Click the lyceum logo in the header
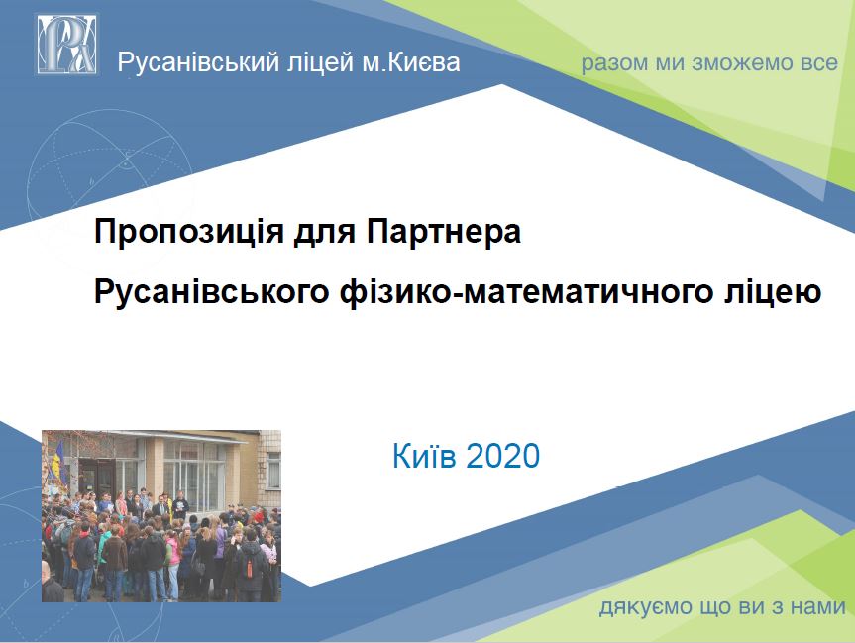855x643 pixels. click(67, 45)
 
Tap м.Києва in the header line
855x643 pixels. click(411, 62)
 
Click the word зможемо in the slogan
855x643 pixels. click(743, 63)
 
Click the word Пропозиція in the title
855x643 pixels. click(189, 232)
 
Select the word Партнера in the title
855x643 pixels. click(443, 232)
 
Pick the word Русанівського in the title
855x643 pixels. click(212, 291)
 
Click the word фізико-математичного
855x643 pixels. click(527, 291)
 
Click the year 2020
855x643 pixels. click(503, 456)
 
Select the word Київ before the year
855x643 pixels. click(424, 456)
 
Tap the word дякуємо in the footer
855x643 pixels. click(646, 607)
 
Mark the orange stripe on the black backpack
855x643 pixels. click(249, 568)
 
